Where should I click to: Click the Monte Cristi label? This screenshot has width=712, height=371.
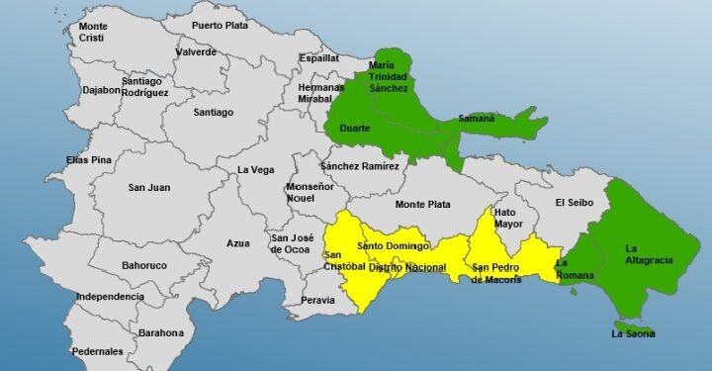coord(94,31)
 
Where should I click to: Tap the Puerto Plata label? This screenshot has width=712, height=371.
coord(220,26)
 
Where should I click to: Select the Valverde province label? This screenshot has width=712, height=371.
coord(195,51)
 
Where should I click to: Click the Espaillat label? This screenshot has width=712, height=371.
coord(319,58)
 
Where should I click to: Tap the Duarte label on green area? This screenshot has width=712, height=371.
coord(354,129)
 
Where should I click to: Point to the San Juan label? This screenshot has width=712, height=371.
coord(150,187)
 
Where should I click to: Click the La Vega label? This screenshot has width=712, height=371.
coord(255,170)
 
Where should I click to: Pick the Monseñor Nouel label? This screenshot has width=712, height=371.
coord(307,192)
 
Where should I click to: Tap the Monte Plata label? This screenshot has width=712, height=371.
coord(423,205)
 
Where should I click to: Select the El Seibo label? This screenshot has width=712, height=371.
coord(574,203)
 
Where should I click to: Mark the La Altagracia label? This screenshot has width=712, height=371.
coord(649,253)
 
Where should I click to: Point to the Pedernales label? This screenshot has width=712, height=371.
coord(97,351)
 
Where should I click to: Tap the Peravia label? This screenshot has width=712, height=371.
coord(317,299)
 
